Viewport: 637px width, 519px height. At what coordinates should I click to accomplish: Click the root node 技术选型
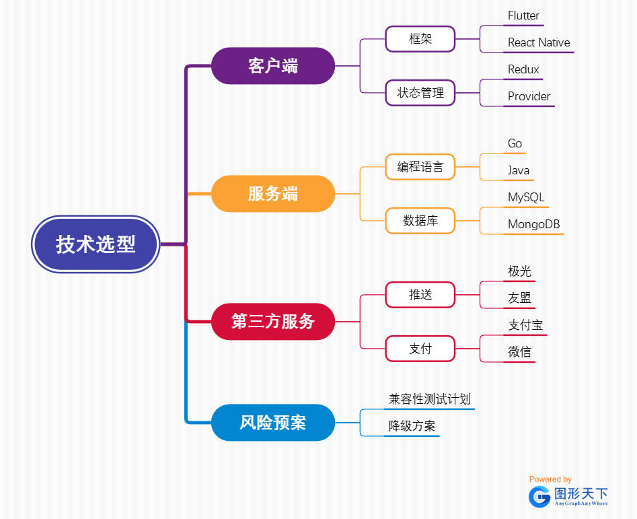click(96, 244)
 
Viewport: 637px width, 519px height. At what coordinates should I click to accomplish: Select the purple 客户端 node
click(273, 66)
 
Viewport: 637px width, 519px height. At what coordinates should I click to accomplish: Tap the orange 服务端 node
click(273, 194)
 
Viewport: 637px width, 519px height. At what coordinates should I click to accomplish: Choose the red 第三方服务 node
click(273, 321)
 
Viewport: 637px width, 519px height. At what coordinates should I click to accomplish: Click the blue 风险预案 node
click(273, 423)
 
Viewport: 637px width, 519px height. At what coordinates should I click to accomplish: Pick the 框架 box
click(420, 39)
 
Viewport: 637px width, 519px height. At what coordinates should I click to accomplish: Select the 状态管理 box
click(420, 93)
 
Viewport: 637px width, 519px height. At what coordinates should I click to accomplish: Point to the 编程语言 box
click(420, 167)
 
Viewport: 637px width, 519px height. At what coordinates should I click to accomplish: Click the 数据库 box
click(420, 221)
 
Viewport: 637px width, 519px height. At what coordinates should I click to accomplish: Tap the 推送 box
click(420, 295)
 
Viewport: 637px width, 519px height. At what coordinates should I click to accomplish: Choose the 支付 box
click(420, 349)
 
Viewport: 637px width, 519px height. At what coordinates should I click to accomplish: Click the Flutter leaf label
click(523, 15)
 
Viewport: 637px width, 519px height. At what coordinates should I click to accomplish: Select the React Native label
click(539, 42)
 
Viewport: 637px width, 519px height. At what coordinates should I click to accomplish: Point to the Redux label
click(523, 69)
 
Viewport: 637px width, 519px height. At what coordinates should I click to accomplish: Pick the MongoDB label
click(534, 224)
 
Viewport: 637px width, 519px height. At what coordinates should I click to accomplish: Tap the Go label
click(515, 143)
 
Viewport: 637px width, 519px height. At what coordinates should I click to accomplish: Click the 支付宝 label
click(525, 325)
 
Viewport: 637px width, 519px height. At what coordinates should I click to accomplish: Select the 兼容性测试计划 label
click(429, 399)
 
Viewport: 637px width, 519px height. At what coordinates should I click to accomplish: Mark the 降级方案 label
click(412, 426)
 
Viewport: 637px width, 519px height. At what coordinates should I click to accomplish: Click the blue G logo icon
click(539, 496)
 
